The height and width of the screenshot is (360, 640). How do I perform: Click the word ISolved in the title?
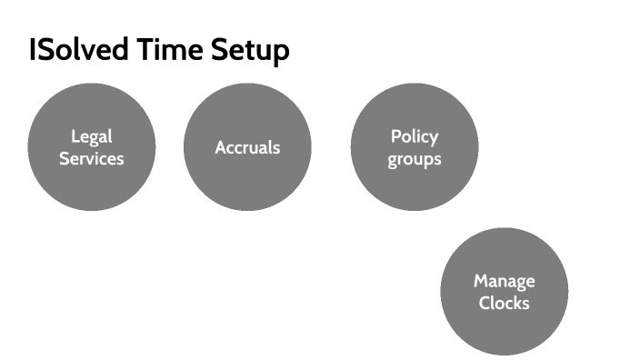[79, 50]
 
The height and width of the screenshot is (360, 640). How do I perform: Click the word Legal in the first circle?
[91, 136]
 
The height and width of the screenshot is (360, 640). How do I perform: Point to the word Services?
[91, 158]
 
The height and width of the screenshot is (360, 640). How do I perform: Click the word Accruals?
[247, 147]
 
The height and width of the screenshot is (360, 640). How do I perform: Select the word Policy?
[414, 136]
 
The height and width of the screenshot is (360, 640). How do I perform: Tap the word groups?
[414, 159]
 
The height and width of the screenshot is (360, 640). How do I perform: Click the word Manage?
[504, 281]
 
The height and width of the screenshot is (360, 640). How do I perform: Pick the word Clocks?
[504, 303]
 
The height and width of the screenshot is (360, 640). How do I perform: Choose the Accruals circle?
[247, 182]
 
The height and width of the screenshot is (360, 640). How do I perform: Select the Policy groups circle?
[414, 186]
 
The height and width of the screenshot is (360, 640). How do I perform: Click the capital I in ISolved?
[32, 50]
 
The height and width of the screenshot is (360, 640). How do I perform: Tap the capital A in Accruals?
[221, 147]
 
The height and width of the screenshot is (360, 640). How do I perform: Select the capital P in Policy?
[395, 136]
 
